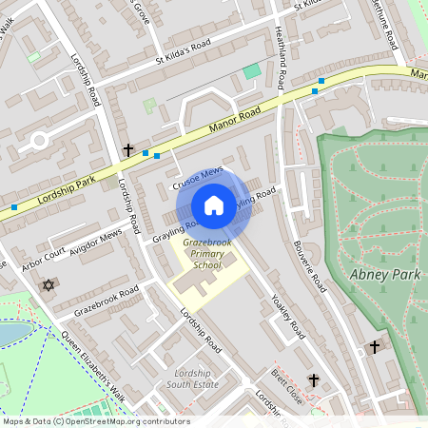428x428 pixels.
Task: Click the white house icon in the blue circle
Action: pyautogui.click(x=214, y=205)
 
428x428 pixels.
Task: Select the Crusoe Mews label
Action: pyautogui.click(x=198, y=176)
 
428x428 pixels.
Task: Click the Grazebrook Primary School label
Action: pyautogui.click(x=202, y=256)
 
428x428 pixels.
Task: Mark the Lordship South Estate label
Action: pyautogui.click(x=193, y=379)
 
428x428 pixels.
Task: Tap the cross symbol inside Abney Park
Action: pyautogui.click(x=375, y=347)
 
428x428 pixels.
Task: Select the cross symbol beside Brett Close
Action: pyautogui.click(x=313, y=379)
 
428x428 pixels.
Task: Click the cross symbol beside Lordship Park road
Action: pyautogui.click(x=128, y=150)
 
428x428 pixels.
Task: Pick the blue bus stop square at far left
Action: pyautogui.click(x=13, y=206)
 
